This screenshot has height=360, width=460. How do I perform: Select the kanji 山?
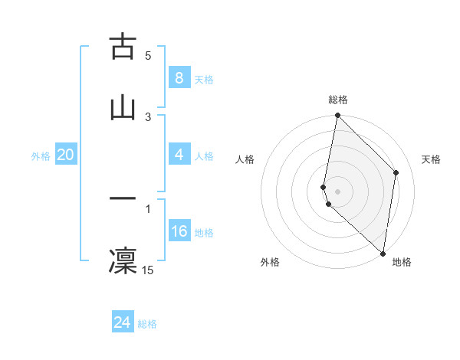[123, 108]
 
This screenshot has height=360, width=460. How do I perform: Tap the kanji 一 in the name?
[123, 199]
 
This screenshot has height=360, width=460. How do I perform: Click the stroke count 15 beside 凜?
[148, 270]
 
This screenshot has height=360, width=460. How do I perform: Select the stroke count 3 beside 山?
[148, 116]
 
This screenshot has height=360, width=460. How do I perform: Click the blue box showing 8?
[179, 78]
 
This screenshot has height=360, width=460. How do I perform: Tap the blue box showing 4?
[179, 155]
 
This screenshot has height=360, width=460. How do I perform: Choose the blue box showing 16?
[179, 231]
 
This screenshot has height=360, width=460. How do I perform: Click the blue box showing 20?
[65, 155]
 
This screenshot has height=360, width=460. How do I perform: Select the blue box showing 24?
[122, 322]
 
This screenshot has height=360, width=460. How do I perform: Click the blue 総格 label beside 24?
[148, 324]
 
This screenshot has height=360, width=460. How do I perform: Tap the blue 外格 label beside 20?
[41, 156]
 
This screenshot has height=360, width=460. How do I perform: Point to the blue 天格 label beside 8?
[204, 80]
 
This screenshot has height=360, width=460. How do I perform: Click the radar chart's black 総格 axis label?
[338, 100]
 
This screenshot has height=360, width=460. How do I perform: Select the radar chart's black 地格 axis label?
[402, 262]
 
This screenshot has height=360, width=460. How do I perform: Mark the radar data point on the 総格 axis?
[337, 116]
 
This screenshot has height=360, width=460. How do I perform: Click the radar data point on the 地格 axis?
[383, 254]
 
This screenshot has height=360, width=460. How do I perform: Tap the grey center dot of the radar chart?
[337, 191]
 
